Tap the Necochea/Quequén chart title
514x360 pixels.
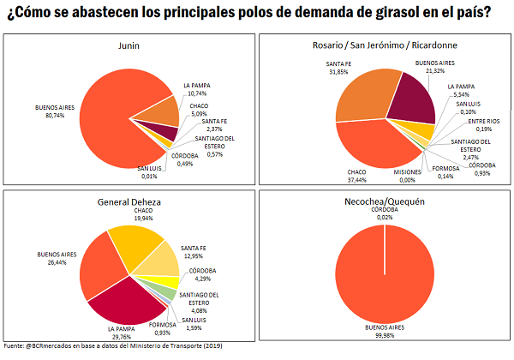pos(384,203)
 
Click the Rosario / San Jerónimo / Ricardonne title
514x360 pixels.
pos(384,46)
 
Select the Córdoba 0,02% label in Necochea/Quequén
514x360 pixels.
pos(384,214)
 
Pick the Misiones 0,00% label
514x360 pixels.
pos(384,176)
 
